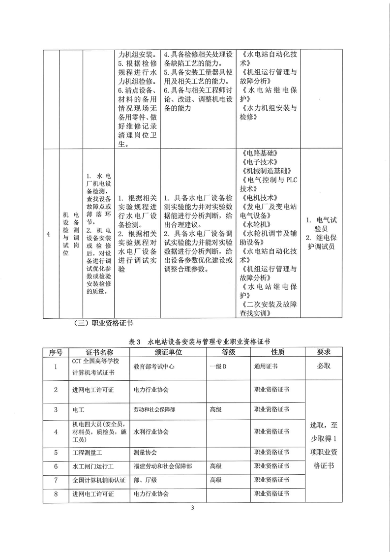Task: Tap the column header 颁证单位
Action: point(168,352)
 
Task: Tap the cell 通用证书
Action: point(266,367)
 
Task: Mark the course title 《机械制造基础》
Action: point(266,170)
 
